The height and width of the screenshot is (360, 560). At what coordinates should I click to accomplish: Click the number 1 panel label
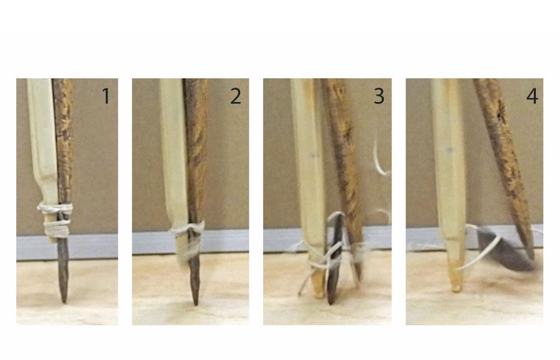point(106,96)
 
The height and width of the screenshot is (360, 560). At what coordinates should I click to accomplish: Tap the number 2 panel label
point(235,96)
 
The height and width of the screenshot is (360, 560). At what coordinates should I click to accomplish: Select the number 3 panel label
point(379,96)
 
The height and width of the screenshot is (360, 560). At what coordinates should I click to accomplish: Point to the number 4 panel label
point(532,96)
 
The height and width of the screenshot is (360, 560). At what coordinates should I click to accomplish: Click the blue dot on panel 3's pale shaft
point(314,155)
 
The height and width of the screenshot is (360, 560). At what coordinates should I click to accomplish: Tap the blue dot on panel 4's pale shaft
point(450,150)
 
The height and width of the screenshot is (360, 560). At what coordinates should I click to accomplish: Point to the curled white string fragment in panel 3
point(380,158)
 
